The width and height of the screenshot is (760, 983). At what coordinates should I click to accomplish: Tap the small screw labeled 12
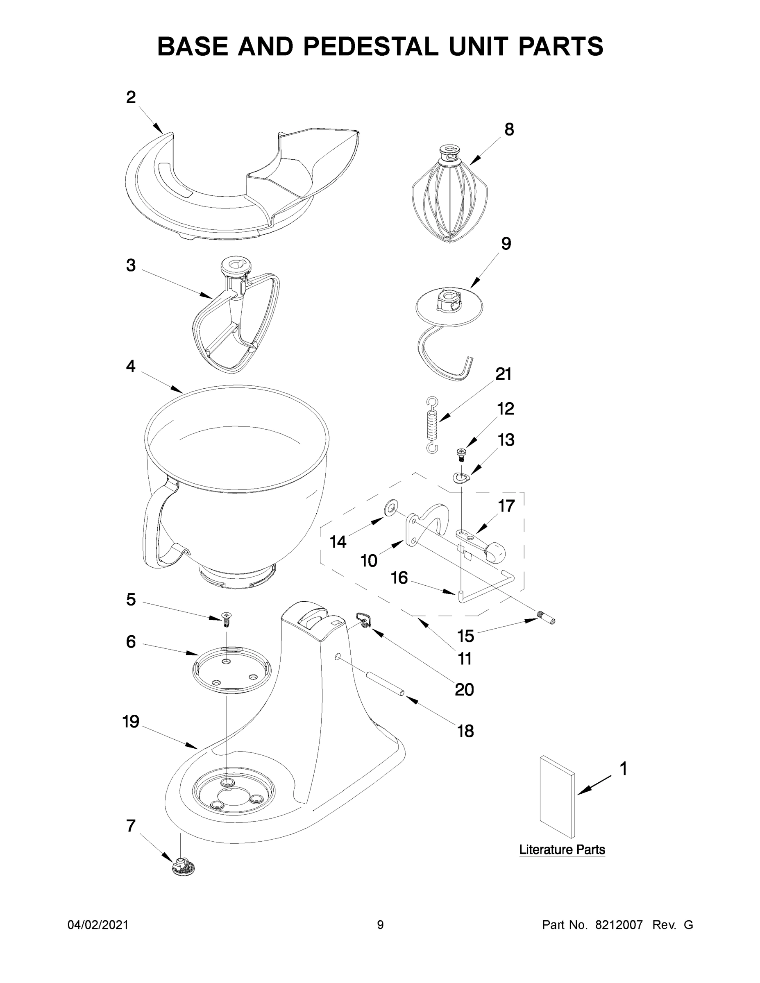pyautogui.click(x=461, y=454)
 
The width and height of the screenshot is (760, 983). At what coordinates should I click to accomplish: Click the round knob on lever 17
pyautogui.click(x=496, y=552)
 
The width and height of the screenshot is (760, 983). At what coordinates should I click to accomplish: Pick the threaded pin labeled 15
pyautogui.click(x=547, y=621)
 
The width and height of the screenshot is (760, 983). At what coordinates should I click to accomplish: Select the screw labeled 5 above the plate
pyautogui.click(x=227, y=619)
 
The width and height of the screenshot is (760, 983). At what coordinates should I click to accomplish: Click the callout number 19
pyautogui.click(x=131, y=722)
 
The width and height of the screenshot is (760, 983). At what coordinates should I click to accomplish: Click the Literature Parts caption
pyautogui.click(x=562, y=850)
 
